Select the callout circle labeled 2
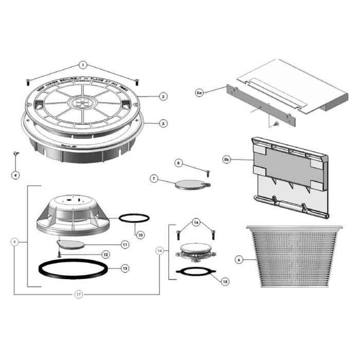(x=163, y=96)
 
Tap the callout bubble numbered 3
(x=163, y=123)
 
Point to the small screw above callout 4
(x=15, y=153)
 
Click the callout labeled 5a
(x=200, y=92)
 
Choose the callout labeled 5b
(x=227, y=159)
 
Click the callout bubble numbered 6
(x=239, y=260)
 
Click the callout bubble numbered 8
(x=178, y=163)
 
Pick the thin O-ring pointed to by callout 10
(x=134, y=218)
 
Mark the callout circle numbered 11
(x=124, y=244)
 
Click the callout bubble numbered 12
(x=105, y=255)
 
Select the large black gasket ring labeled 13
(x=75, y=269)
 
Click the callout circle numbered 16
(x=195, y=223)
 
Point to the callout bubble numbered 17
(x=78, y=295)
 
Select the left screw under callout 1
(x=27, y=80)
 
